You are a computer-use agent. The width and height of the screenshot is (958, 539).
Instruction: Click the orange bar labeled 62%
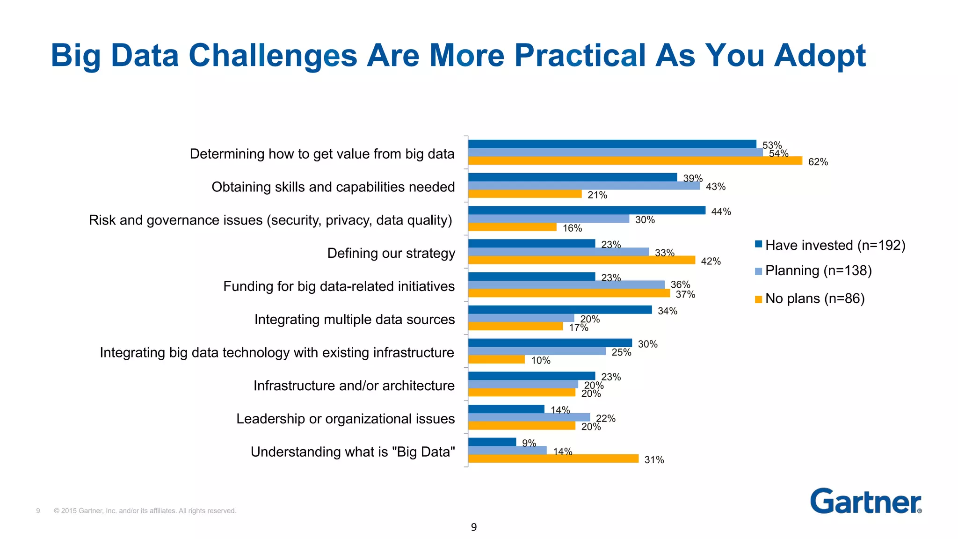(635, 161)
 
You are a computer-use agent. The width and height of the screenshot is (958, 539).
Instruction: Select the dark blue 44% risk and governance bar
(587, 211)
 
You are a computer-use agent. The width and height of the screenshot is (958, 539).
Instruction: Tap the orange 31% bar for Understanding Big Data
(553, 459)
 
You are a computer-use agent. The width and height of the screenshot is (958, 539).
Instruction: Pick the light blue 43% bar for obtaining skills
(584, 186)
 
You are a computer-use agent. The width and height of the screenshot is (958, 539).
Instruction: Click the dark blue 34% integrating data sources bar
(559, 310)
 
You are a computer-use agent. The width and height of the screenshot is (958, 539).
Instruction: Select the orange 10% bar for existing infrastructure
(496, 359)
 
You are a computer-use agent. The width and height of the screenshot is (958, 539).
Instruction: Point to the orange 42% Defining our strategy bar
(581, 260)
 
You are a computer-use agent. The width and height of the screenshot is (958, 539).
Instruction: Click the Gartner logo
(865, 502)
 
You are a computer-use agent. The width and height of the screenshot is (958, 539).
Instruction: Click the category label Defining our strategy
(391, 253)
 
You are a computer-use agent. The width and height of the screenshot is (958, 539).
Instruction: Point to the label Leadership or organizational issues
(345, 419)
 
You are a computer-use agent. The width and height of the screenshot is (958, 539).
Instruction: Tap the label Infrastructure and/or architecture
(354, 386)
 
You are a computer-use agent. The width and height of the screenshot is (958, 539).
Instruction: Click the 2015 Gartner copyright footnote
(145, 511)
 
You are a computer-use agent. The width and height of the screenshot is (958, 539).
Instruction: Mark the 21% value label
(597, 195)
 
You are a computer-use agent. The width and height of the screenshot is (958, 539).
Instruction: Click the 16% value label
(572, 228)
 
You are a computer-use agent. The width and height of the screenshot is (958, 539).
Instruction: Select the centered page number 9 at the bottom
(474, 527)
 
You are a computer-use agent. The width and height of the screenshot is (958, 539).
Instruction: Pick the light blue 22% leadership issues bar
(529, 417)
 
